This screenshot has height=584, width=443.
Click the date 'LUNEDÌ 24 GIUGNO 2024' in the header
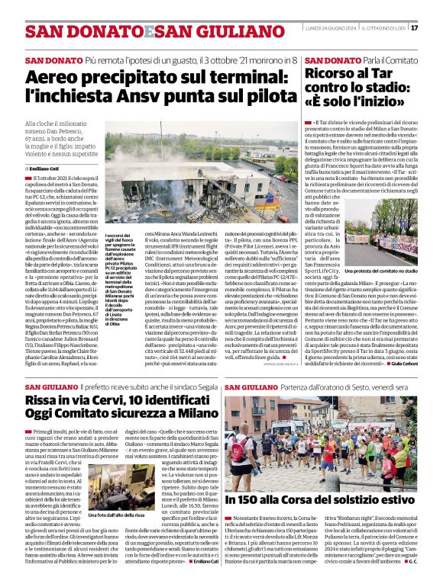click(331, 28)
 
